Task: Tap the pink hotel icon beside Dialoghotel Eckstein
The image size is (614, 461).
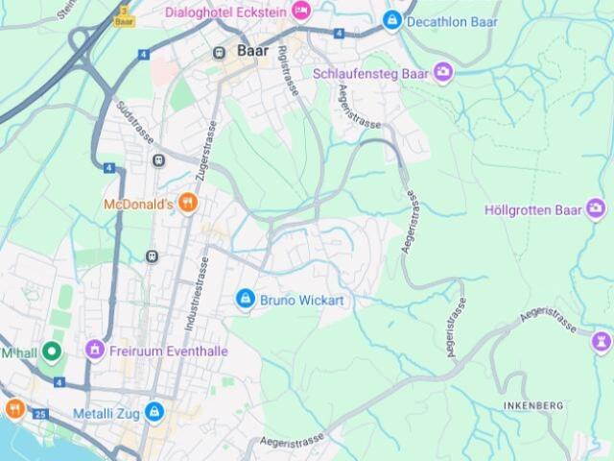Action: (x=301, y=11)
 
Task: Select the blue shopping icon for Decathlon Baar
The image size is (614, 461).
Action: (x=391, y=19)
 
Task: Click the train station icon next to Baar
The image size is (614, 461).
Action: (x=221, y=51)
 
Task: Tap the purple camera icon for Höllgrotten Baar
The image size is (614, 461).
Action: (x=596, y=208)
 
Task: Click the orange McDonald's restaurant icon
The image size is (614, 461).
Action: (x=188, y=203)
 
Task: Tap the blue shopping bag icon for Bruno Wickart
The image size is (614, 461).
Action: (x=246, y=300)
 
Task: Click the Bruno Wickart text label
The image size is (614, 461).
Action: (x=301, y=301)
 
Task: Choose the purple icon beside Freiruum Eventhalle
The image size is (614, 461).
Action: (x=94, y=351)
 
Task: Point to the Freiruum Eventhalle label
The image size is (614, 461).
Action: (x=168, y=352)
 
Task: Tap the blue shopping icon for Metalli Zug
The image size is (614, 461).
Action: (x=153, y=413)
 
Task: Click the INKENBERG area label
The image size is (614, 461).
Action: (x=532, y=406)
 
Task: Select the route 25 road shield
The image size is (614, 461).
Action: (x=39, y=414)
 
